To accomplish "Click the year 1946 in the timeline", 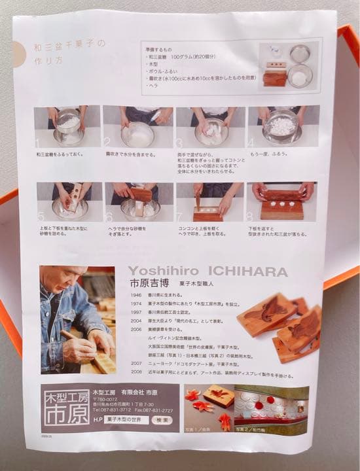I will pyautogui.click(x=135, y=295).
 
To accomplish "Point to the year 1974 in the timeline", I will pyautogui.click(x=135, y=304).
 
